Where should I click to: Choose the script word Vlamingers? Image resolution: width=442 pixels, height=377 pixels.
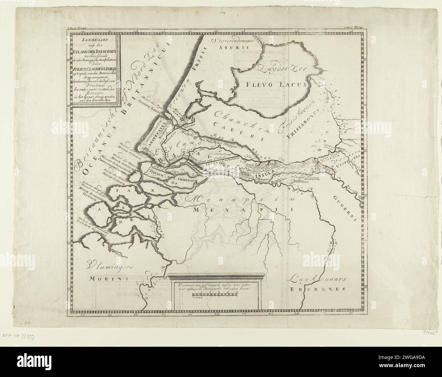[109, 265]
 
